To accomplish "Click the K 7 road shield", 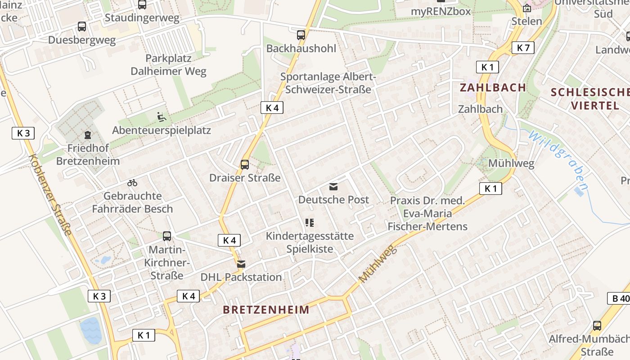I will coord(523,48).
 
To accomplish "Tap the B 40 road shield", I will coord(619,298).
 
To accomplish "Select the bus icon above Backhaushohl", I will coord(301,35).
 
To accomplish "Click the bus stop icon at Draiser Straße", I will coord(245,164).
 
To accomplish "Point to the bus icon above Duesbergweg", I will coord(82,27).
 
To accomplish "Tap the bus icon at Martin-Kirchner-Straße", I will coord(167,236).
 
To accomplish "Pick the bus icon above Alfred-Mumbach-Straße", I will coord(597,325).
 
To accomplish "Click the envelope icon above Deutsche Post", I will coord(333,186).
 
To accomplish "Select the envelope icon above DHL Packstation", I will coord(241,264).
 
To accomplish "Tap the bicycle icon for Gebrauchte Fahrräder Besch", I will coord(132,183).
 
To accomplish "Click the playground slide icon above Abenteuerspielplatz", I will coord(162,117).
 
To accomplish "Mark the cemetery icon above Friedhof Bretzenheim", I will coord(87,135).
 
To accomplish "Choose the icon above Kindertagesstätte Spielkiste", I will coord(310,222).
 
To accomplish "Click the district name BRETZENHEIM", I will coord(266,310).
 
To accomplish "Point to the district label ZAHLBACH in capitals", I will coord(493,87).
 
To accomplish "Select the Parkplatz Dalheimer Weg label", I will coord(168,65).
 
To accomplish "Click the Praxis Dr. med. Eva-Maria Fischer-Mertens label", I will coord(427,213).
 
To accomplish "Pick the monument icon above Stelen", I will coord(527,8).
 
